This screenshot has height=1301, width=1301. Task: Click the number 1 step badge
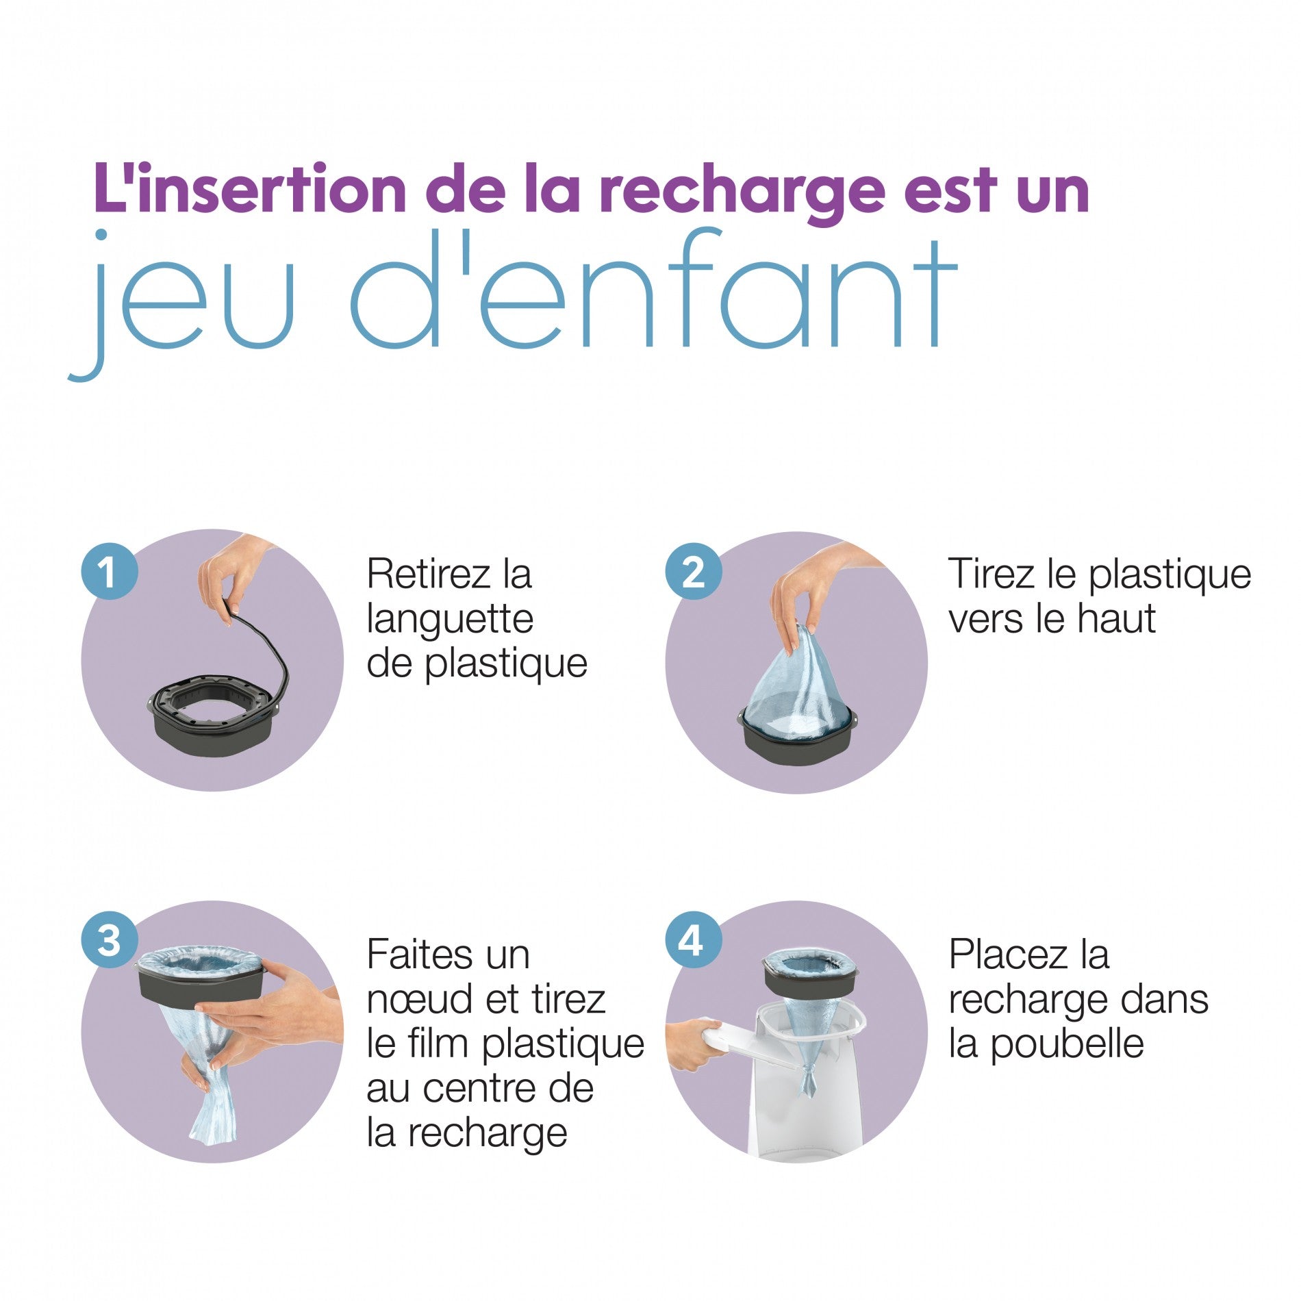click(110, 571)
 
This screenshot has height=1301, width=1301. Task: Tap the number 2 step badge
click(693, 571)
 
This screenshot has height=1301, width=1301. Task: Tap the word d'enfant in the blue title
click(653, 294)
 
